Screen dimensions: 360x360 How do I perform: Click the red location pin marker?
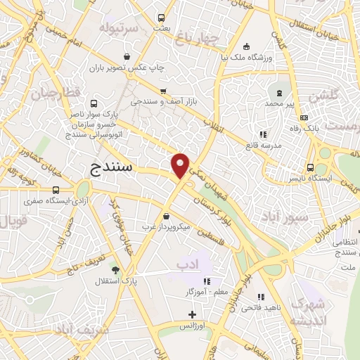(181, 165)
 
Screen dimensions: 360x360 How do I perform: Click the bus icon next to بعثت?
(161, 18)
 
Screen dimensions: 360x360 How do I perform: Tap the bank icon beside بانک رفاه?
(304, 117)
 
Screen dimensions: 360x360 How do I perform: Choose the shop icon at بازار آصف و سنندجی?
(162, 91)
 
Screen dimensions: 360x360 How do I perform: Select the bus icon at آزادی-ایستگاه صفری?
(56, 190)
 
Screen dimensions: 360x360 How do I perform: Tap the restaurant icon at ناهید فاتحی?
(261, 297)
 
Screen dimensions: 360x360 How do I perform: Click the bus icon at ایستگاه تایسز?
(310, 167)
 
